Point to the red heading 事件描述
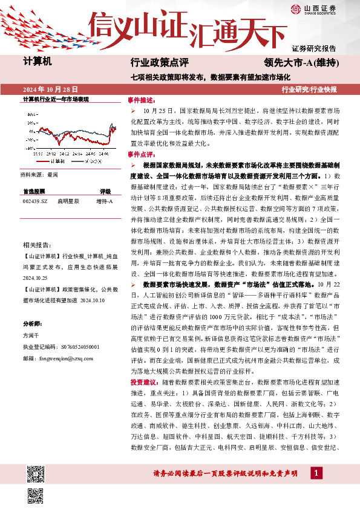pyautogui.click(x=141, y=100)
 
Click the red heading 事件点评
pyautogui.click(x=141, y=155)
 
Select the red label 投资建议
pyautogui.click(x=142, y=383)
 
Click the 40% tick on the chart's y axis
pyautogui.click(x=30, y=114)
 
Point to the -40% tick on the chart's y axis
pyautogui.click(x=30, y=147)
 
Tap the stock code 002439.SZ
pyautogui.click(x=34, y=201)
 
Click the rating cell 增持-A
pyautogui.click(x=104, y=201)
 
